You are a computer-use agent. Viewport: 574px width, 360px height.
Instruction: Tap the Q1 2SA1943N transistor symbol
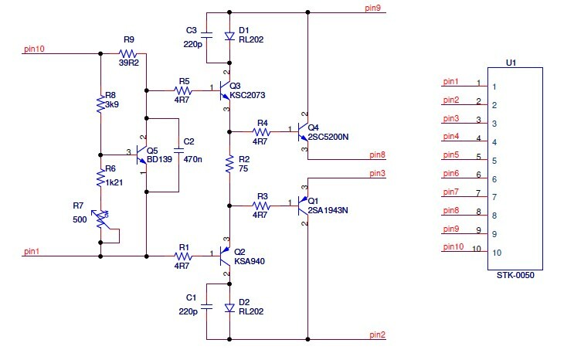pos(302,205)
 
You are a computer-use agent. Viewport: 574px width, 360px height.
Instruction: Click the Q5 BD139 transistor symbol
pos(144,155)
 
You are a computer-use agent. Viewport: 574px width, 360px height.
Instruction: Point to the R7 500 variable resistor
pos(101,218)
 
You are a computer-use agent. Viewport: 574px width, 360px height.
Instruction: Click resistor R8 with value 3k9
pos(101,104)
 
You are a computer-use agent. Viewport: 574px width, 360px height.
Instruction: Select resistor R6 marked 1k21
pos(101,178)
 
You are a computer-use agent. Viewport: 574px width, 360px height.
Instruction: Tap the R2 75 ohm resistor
pos(229,165)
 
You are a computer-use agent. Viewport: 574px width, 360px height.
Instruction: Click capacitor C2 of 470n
pos(178,154)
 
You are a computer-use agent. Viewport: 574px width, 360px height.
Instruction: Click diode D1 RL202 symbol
pos(229,36)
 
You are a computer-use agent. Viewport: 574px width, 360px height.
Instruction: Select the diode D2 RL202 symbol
pos(229,307)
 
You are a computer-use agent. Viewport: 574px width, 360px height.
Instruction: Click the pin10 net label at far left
pos(35,49)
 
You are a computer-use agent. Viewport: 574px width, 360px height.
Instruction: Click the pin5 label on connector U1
pos(450,155)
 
